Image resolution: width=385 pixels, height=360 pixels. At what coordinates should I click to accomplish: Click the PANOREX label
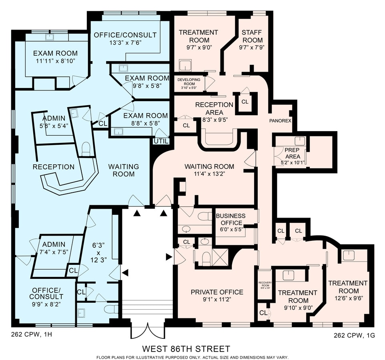pos(280,120)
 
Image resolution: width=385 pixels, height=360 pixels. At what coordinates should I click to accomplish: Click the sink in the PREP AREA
pos(299,140)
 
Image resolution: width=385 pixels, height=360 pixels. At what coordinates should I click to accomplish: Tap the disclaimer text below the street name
pos(192,357)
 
